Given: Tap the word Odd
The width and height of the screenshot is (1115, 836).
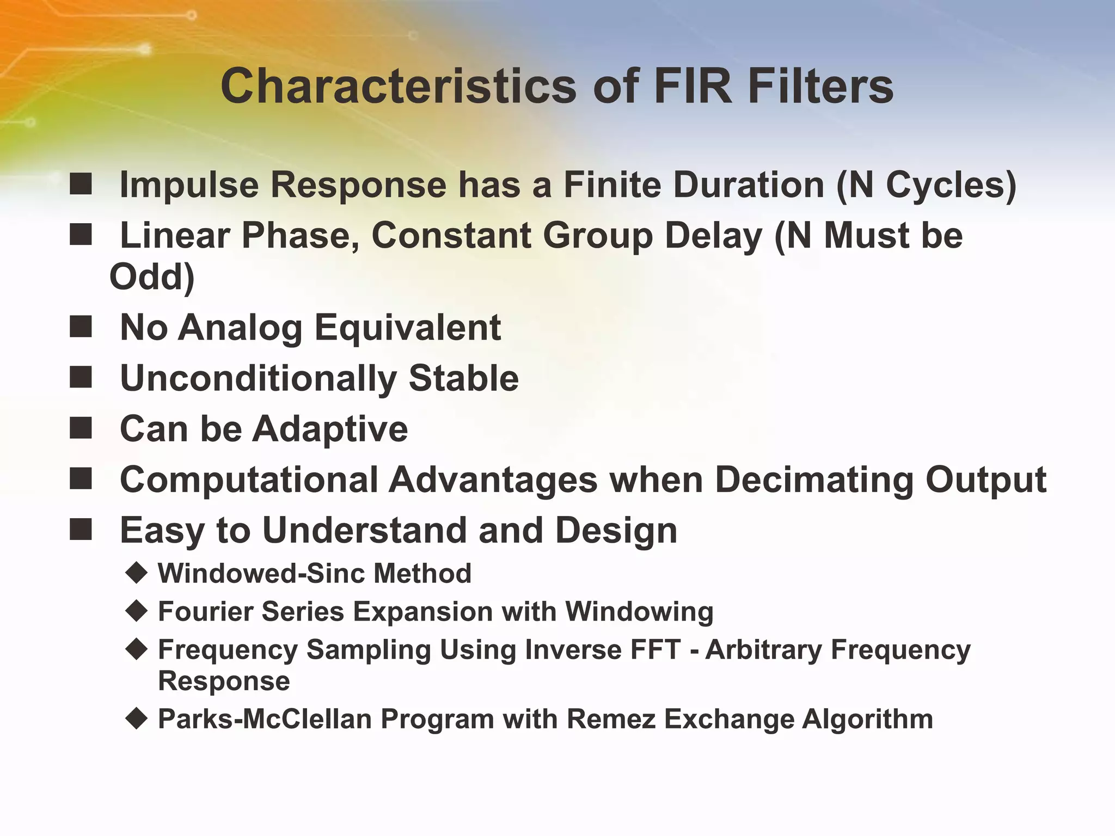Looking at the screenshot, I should pyautogui.click(x=151, y=277).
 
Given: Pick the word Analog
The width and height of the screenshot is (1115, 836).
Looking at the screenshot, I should pyautogui.click(x=240, y=328).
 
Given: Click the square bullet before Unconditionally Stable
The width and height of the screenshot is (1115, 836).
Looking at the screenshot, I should pyautogui.click(x=81, y=377).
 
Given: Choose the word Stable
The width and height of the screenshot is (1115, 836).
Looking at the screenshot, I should pyautogui.click(x=463, y=378).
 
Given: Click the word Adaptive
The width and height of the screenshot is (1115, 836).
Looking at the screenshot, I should pyautogui.click(x=329, y=428).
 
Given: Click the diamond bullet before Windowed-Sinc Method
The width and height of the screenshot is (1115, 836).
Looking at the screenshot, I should pyautogui.click(x=136, y=573).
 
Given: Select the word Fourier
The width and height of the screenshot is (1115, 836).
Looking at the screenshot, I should pyautogui.click(x=205, y=611).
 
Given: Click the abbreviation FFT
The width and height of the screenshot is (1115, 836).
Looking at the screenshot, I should pyautogui.click(x=656, y=649).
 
